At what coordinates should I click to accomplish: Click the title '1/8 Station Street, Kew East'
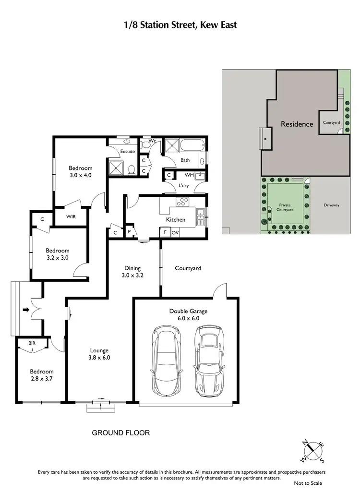click(x=180, y=24)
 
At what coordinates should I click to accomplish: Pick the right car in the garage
click(x=209, y=359)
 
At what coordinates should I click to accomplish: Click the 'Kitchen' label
click(x=176, y=219)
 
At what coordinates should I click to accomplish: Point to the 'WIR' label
click(x=70, y=216)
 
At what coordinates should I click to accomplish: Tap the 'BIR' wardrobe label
click(x=32, y=344)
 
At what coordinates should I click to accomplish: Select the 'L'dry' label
click(x=183, y=185)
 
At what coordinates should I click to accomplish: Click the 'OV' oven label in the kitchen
click(x=175, y=233)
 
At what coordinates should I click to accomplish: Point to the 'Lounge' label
click(x=99, y=350)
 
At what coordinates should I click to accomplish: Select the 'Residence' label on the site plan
click(x=297, y=124)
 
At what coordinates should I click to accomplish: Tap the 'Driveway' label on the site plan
click(x=331, y=205)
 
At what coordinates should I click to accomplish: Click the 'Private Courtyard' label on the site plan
click(x=285, y=207)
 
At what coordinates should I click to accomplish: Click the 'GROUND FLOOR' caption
click(x=121, y=433)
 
